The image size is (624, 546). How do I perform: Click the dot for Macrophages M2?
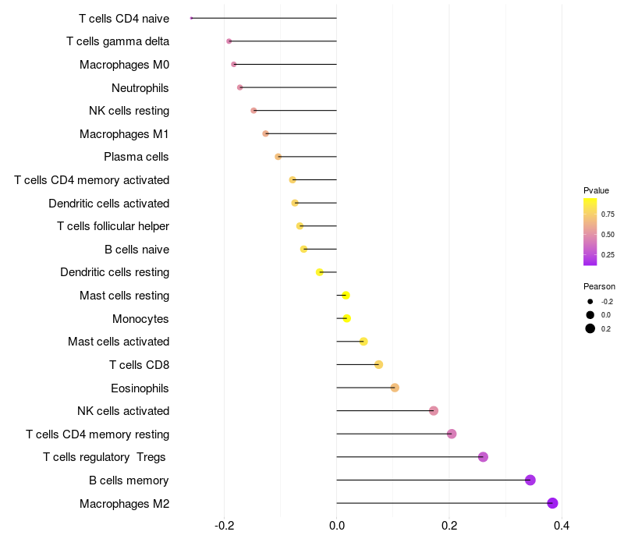[553, 503]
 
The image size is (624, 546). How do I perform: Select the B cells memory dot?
[530, 480]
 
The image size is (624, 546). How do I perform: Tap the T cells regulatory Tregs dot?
[483, 457]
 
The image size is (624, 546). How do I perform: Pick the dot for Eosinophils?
[395, 388]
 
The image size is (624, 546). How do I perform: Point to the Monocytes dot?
[347, 318]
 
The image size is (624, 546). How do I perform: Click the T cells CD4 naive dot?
[191, 18]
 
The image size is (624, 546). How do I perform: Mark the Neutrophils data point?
[239, 87]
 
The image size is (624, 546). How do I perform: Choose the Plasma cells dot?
[278, 157]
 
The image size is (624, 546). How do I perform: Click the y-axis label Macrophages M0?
[124, 65]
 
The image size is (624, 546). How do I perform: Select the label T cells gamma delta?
[118, 41]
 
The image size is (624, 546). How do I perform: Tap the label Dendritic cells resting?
[115, 272]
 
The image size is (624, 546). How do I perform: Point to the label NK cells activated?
[123, 411]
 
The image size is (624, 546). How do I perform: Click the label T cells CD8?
[139, 365]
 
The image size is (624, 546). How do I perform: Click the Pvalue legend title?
[596, 190]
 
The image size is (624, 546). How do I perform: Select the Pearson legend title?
[599, 286]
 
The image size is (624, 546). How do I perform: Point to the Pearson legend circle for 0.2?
[590, 328]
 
